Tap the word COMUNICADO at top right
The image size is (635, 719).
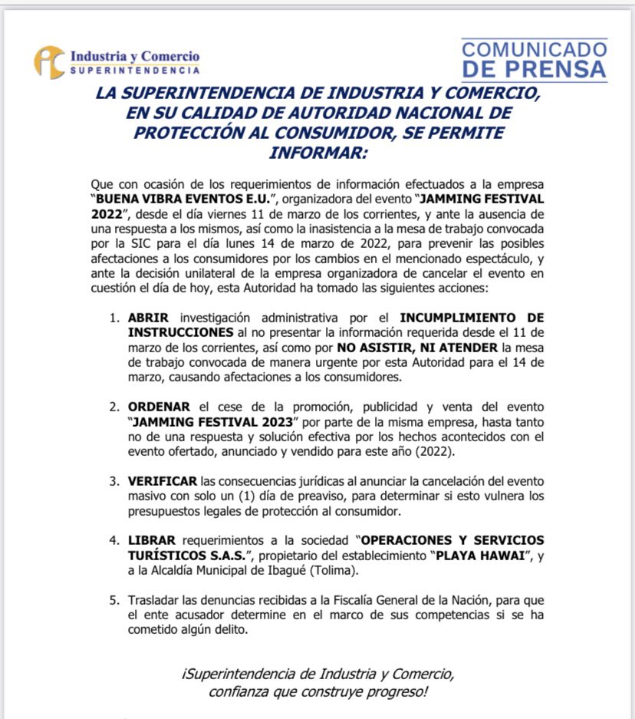click(535, 50)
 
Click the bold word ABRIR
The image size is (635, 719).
click(145, 318)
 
